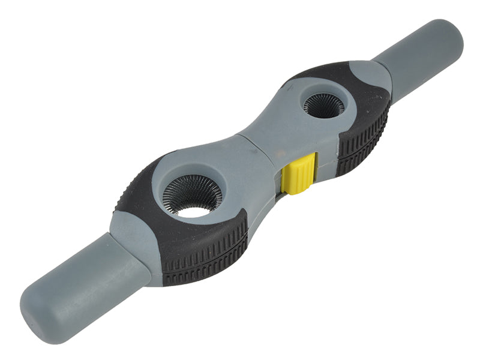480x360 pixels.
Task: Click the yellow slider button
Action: pos(298,173)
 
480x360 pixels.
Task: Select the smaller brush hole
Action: pos(323,106)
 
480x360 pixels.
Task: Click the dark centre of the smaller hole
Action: pos(323,107)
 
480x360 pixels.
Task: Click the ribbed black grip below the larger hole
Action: pos(204,252)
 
